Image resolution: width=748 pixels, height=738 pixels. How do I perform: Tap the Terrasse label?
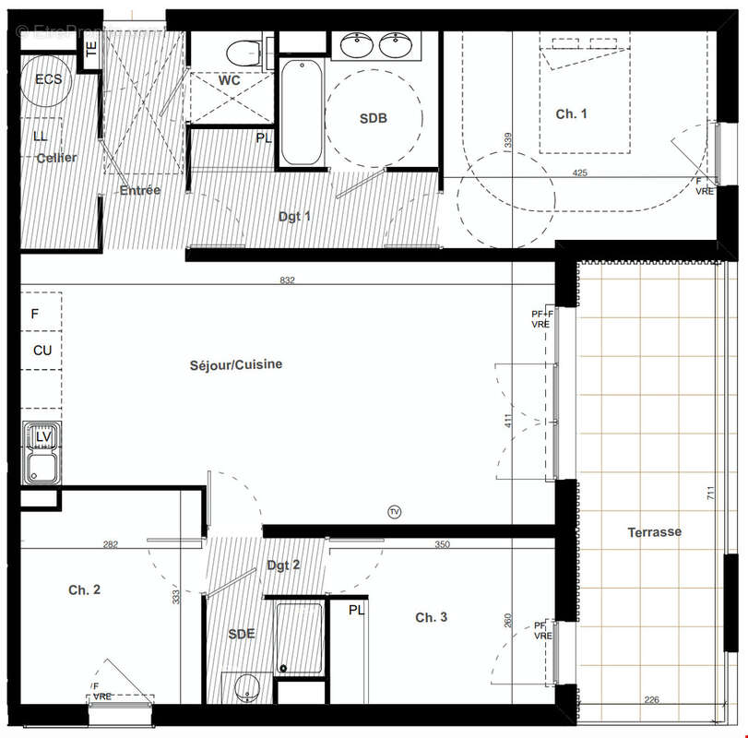[655, 532]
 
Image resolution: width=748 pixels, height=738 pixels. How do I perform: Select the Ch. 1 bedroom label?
[571, 113]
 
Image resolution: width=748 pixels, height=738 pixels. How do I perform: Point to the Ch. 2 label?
[84, 589]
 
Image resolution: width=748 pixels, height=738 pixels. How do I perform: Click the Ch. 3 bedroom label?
[431, 617]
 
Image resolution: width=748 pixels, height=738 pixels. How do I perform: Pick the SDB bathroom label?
[373, 118]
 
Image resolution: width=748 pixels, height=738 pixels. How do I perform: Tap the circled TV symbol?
[395, 512]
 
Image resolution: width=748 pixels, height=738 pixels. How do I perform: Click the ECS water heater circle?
[48, 79]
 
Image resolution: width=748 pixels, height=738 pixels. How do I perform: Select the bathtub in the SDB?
[301, 113]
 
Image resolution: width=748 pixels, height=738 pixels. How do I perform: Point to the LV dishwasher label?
[42, 435]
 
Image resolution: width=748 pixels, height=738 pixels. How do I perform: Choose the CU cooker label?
[42, 351]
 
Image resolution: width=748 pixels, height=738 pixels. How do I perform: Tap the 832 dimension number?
[287, 280]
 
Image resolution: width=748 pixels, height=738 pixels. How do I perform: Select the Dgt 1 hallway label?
[295, 217]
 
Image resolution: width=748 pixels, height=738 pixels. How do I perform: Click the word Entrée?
[140, 190]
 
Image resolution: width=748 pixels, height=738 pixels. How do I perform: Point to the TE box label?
[91, 51]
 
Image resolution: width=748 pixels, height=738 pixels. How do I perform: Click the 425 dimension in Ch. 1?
[579, 173]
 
